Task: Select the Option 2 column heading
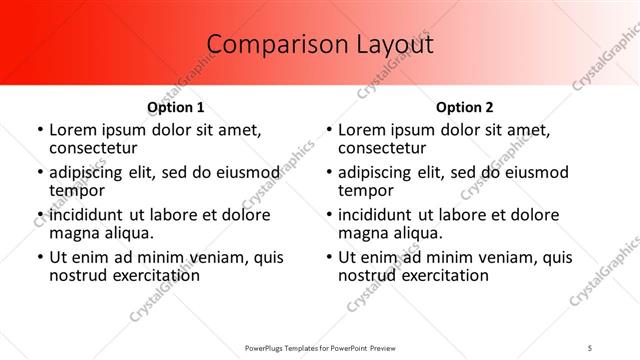(x=465, y=107)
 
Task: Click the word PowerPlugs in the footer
(x=266, y=347)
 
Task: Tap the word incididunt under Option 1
(x=94, y=215)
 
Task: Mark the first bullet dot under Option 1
(x=39, y=130)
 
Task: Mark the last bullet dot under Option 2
(x=329, y=258)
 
